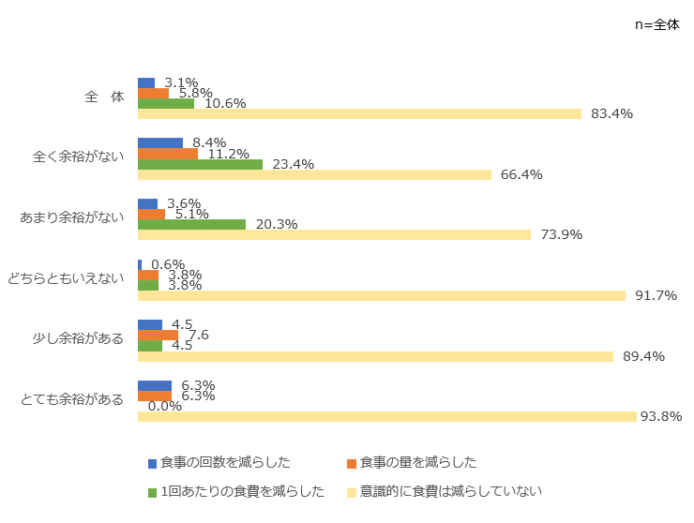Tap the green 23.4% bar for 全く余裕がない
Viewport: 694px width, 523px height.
pos(200,164)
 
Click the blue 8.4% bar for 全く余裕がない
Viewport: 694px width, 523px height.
pos(159,143)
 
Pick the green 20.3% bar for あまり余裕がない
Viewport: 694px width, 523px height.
pos(191,225)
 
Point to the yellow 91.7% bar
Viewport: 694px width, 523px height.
pos(381,295)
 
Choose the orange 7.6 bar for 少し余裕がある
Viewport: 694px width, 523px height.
pos(158,336)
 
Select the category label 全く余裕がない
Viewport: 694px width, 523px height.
pos(79,157)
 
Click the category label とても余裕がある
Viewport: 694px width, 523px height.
pos(72,399)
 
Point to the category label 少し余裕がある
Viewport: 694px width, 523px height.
pos(79,338)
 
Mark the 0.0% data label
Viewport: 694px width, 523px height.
pos(165,406)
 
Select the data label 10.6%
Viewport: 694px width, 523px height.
pos(224,103)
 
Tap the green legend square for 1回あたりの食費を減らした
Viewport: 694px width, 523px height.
pos(153,491)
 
